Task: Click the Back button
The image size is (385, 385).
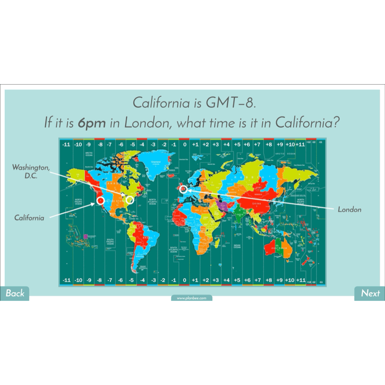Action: (x=14, y=293)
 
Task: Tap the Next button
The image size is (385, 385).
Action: (x=370, y=293)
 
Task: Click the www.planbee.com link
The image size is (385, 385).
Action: (x=192, y=298)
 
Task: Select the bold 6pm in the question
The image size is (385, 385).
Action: (x=92, y=122)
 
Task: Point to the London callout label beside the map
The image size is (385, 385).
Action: (x=349, y=210)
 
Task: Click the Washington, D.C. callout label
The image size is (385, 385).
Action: (x=30, y=171)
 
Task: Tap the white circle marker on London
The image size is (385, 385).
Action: (x=183, y=189)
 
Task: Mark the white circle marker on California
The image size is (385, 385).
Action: (x=101, y=200)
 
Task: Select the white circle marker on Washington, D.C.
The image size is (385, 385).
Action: (x=129, y=200)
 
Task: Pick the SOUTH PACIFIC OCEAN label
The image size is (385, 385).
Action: (x=110, y=242)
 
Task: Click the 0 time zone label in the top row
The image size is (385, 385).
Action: (x=184, y=144)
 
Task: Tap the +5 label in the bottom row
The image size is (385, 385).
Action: (x=237, y=280)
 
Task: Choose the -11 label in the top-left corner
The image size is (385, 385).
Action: (x=66, y=144)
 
